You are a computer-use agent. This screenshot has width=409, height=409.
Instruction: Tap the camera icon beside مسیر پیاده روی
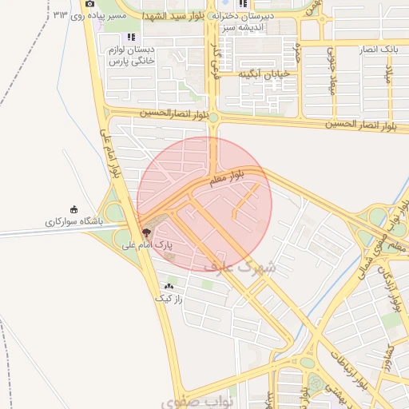pyautogui.click(x=89, y=4)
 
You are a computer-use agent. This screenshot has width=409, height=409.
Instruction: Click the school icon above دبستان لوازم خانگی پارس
pyautogui.click(x=131, y=37)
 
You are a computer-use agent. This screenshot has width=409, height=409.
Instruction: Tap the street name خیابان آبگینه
pyautogui.click(x=257, y=74)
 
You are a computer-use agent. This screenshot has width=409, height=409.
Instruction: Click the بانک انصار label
pyautogui.click(x=379, y=50)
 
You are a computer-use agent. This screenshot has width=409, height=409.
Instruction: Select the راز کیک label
pyautogui.click(x=169, y=298)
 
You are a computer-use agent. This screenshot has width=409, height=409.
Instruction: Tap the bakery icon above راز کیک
pyautogui.click(x=169, y=286)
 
